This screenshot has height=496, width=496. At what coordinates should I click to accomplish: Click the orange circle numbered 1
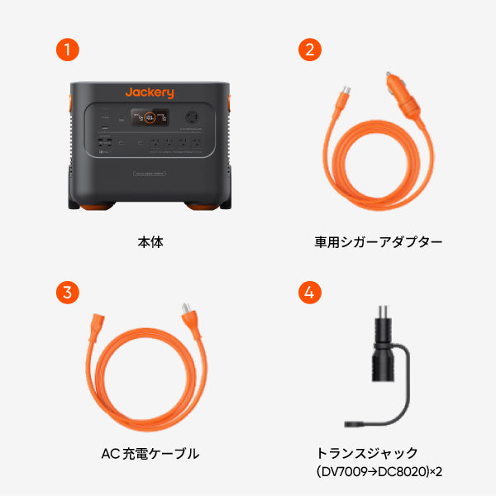68,49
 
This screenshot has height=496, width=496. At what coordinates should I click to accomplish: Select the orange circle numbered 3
68,293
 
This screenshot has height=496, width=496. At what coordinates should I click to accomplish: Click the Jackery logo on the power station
149,92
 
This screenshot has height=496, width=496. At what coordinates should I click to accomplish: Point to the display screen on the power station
154,117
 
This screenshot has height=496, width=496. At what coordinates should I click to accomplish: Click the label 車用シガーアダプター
379,242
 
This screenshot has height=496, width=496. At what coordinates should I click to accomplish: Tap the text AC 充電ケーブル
150,453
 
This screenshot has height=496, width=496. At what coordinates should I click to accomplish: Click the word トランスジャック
367,453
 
